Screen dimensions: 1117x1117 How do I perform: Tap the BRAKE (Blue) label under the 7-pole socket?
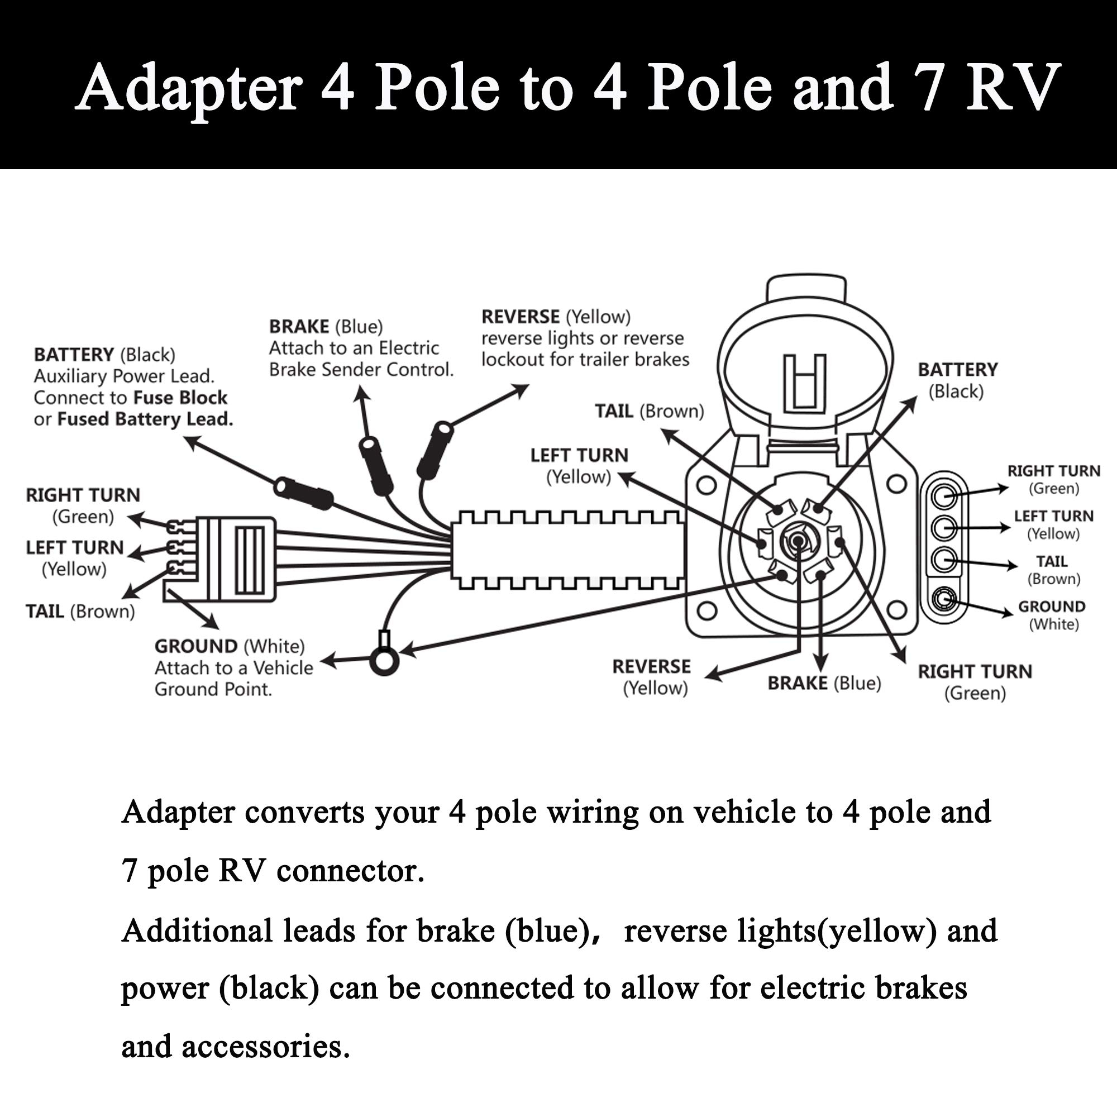point(824,684)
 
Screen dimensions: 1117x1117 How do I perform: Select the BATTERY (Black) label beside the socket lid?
point(957,380)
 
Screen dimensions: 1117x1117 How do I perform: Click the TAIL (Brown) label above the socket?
point(650,411)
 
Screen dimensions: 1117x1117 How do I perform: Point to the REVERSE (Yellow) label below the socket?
point(652,677)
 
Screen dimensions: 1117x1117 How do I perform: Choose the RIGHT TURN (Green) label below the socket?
point(975,682)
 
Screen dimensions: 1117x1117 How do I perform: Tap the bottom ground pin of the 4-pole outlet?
point(945,596)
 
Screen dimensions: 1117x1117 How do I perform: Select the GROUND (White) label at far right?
point(1051,615)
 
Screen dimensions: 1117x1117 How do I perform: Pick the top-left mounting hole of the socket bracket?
point(706,484)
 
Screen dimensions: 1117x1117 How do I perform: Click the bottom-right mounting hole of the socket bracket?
point(896,610)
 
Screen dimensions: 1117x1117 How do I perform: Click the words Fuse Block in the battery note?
point(180,398)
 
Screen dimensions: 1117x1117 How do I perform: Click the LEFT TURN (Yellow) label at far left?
point(75,558)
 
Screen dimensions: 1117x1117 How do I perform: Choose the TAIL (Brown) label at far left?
point(80,612)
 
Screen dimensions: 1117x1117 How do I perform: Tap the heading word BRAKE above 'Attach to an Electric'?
point(299,327)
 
